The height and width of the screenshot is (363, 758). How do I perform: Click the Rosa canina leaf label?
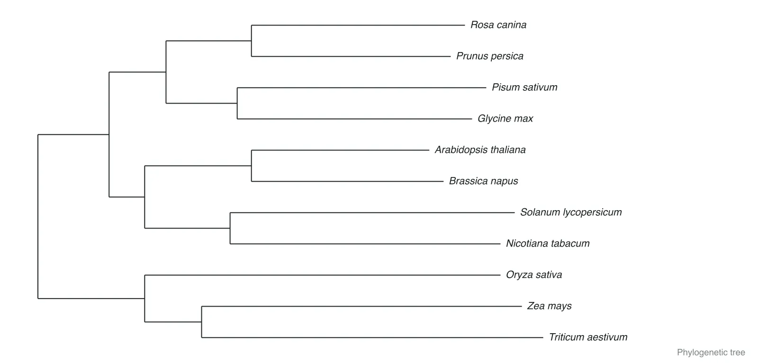[498, 25]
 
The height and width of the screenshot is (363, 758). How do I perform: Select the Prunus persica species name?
[490, 56]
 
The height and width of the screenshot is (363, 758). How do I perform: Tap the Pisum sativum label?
[524, 87]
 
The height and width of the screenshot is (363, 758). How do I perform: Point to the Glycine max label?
[505, 119]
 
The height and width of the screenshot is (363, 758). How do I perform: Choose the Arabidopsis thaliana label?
[480, 150]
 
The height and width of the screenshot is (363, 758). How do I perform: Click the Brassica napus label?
[483, 181]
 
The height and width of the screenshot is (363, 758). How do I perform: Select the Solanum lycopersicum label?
[570, 212]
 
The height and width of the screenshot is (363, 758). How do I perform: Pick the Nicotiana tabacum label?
[548, 243]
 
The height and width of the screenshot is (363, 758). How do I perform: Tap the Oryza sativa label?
[533, 275]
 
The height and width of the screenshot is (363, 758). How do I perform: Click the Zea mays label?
[549, 306]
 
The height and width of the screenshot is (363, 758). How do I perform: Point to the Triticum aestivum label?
[588, 337]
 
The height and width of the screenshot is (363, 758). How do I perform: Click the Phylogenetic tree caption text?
[711, 353]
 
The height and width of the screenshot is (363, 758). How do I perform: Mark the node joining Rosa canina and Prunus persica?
[252, 41]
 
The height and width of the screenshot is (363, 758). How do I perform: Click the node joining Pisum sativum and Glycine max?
[237, 103]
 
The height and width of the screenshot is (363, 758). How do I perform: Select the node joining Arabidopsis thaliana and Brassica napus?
[252, 166]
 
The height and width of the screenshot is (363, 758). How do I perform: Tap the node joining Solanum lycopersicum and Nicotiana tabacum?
[230, 228]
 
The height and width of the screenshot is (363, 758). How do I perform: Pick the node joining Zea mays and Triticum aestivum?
[202, 322]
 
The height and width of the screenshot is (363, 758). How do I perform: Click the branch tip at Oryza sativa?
[500, 275]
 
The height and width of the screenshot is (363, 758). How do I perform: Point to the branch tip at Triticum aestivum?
[543, 337]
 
